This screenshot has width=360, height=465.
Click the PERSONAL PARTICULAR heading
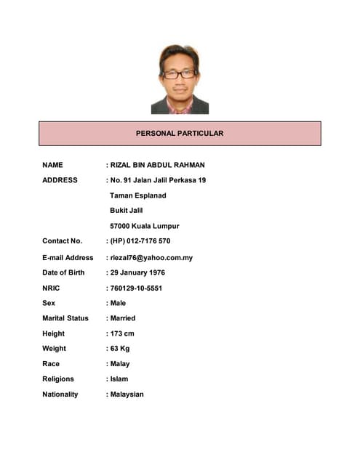pyautogui.click(x=180, y=134)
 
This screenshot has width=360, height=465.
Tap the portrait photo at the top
pyautogui.click(x=180, y=79)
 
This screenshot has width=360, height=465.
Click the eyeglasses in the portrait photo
pyautogui.click(x=179, y=74)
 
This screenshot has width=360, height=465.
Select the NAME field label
pyautogui.click(x=52, y=165)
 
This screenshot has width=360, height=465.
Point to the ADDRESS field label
pyautogui.click(x=60, y=179)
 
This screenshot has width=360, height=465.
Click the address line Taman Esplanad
pyautogui.click(x=138, y=195)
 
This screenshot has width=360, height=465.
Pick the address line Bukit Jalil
pyautogui.click(x=127, y=211)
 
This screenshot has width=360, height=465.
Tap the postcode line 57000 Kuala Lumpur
pyautogui.click(x=144, y=226)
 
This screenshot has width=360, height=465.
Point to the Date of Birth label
pyautogui.click(x=63, y=272)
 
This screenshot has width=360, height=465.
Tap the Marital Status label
pyautogui.click(x=65, y=318)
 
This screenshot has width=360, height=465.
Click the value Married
pyautogui.click(x=122, y=318)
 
